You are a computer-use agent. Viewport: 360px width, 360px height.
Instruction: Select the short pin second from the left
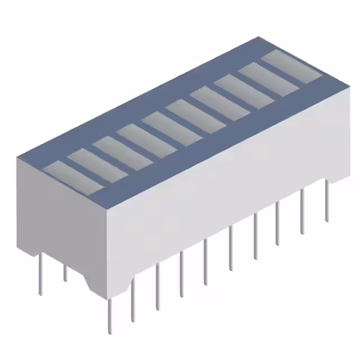tap(65, 273)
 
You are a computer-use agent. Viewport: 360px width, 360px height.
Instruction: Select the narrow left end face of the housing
tap(62, 225)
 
